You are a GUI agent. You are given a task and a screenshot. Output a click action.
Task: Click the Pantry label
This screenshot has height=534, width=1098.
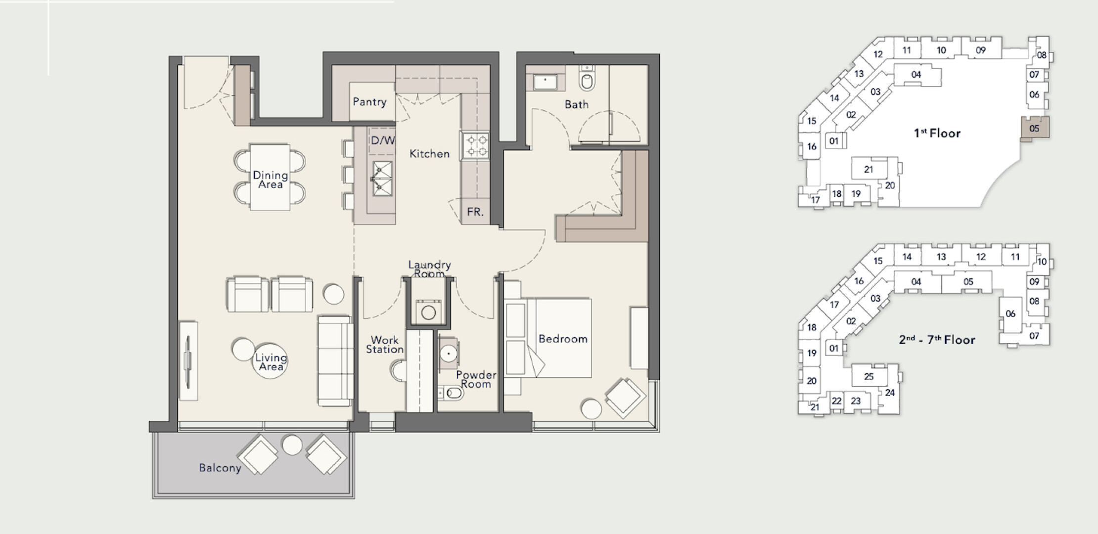coord(369,102)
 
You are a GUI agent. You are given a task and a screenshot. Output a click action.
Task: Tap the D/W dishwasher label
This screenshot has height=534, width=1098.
coord(383,140)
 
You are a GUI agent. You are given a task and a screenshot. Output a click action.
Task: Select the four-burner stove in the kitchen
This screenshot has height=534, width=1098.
coord(475,146)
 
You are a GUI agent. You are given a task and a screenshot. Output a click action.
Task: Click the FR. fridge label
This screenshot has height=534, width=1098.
coord(475,212)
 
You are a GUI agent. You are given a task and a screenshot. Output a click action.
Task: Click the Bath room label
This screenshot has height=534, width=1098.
coord(577,104)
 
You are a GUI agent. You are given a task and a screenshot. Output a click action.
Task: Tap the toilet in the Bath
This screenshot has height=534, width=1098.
coord(587,79)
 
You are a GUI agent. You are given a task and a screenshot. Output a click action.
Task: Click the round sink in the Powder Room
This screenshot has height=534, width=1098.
coord(449,353)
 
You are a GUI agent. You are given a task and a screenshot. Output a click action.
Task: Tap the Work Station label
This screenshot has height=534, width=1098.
coord(385,345)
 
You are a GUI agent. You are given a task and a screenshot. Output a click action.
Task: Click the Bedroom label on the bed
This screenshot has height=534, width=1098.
coord(563,339)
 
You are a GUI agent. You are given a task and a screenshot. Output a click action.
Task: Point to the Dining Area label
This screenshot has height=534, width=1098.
coord(270,179)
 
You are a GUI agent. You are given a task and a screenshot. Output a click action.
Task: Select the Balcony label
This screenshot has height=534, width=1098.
coord(220,468)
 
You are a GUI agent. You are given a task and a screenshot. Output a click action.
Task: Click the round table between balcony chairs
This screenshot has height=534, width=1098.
coord(292,445)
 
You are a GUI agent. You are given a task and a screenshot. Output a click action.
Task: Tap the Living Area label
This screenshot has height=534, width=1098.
coord(271,362)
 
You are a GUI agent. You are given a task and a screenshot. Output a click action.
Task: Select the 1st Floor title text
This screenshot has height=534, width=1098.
coord(937,133)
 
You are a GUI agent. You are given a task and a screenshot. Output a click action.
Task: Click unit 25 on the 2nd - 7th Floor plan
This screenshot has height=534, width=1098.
coord(869,377)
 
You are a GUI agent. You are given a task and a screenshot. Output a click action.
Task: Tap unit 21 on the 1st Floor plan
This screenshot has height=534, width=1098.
coord(869,170)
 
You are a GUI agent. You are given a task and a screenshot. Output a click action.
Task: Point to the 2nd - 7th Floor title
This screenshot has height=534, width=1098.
coord(937,340)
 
